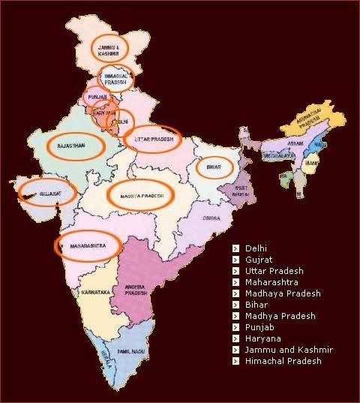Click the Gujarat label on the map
pyautogui.click(x=46, y=193)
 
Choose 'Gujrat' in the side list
pyautogui.click(x=259, y=259)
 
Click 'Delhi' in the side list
pyautogui.click(x=256, y=248)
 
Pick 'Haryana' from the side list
pyautogui.click(x=262, y=338)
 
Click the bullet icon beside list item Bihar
pyautogui.click(x=235, y=305)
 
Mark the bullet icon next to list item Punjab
pyautogui.click(x=235, y=327)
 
